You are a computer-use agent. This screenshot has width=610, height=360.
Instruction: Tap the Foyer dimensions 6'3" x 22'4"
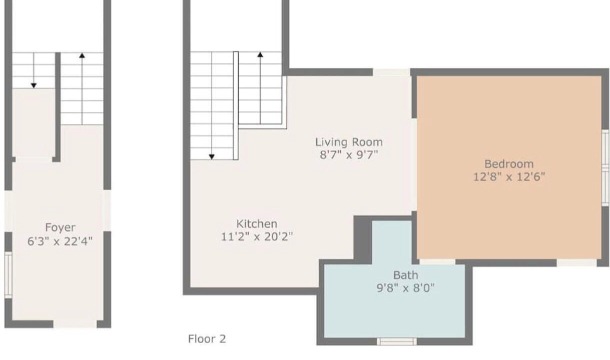click(x=60, y=241)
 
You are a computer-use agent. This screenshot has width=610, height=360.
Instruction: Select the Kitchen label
click(x=257, y=224)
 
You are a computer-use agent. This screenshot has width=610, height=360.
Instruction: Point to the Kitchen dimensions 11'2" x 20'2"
click(x=257, y=236)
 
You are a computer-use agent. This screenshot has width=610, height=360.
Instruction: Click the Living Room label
click(x=349, y=142)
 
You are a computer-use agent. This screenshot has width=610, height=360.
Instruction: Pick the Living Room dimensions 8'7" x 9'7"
click(x=349, y=155)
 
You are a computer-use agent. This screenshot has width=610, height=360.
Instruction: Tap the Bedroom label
click(x=509, y=164)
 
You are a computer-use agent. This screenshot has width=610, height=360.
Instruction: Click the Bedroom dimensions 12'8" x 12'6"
click(x=509, y=177)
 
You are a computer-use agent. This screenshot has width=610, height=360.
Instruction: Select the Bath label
click(x=405, y=275)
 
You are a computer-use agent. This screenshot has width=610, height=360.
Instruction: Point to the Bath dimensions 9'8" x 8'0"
click(x=405, y=288)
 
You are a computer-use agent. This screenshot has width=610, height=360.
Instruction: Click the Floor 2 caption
click(x=207, y=339)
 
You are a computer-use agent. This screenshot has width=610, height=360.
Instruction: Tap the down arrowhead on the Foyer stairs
click(x=34, y=85)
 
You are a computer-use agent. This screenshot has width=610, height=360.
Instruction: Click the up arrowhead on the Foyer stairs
click(x=82, y=55)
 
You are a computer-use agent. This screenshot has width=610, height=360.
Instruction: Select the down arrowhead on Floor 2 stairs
click(x=212, y=156)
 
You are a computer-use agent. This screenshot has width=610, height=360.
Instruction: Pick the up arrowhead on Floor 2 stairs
click(x=260, y=54)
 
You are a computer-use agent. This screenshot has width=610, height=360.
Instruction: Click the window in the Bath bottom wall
click(x=397, y=341)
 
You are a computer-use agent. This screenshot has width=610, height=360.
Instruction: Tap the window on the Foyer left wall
click(x=9, y=275)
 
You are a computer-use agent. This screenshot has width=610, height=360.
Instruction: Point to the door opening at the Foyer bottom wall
click(x=75, y=324)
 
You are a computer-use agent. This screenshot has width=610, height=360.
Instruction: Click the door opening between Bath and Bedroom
click(x=437, y=262)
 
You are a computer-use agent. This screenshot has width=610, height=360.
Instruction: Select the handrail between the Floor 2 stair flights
click(x=236, y=105)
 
